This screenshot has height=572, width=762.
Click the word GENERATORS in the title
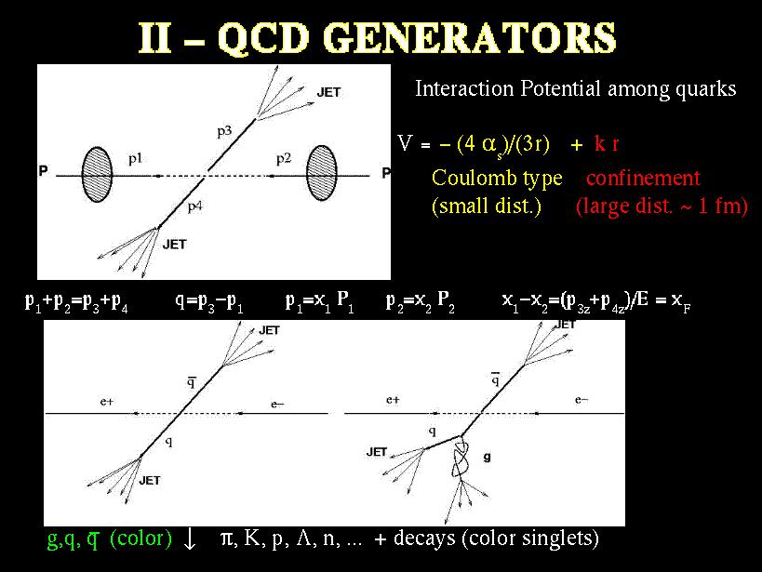pos(470,37)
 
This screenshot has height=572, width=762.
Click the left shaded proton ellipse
pos(97,174)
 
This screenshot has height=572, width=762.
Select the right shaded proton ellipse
pos(322,172)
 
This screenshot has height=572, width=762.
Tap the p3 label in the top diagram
pos(224,131)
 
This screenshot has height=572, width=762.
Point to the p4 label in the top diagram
pos(194,207)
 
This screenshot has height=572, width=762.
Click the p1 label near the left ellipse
pos(135,159)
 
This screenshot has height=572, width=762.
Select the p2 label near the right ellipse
pos(284,158)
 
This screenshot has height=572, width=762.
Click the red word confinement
pos(643,178)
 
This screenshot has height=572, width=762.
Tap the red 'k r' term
pos(606,144)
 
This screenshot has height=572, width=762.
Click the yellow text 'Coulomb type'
pos(497,179)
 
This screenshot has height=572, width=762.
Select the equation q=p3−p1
pos(209,303)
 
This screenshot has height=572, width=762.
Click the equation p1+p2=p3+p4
pos(77,303)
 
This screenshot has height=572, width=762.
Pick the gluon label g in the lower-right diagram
pos(487,458)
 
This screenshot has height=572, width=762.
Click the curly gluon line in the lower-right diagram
pos(461,458)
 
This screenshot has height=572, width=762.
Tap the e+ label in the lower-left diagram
pos(106,402)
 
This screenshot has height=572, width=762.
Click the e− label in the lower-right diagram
pos(582,400)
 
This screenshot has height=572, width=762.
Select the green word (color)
pos(140,539)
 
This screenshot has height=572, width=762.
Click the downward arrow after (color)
pos(190,539)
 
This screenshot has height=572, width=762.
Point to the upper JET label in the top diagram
pos(328,92)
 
